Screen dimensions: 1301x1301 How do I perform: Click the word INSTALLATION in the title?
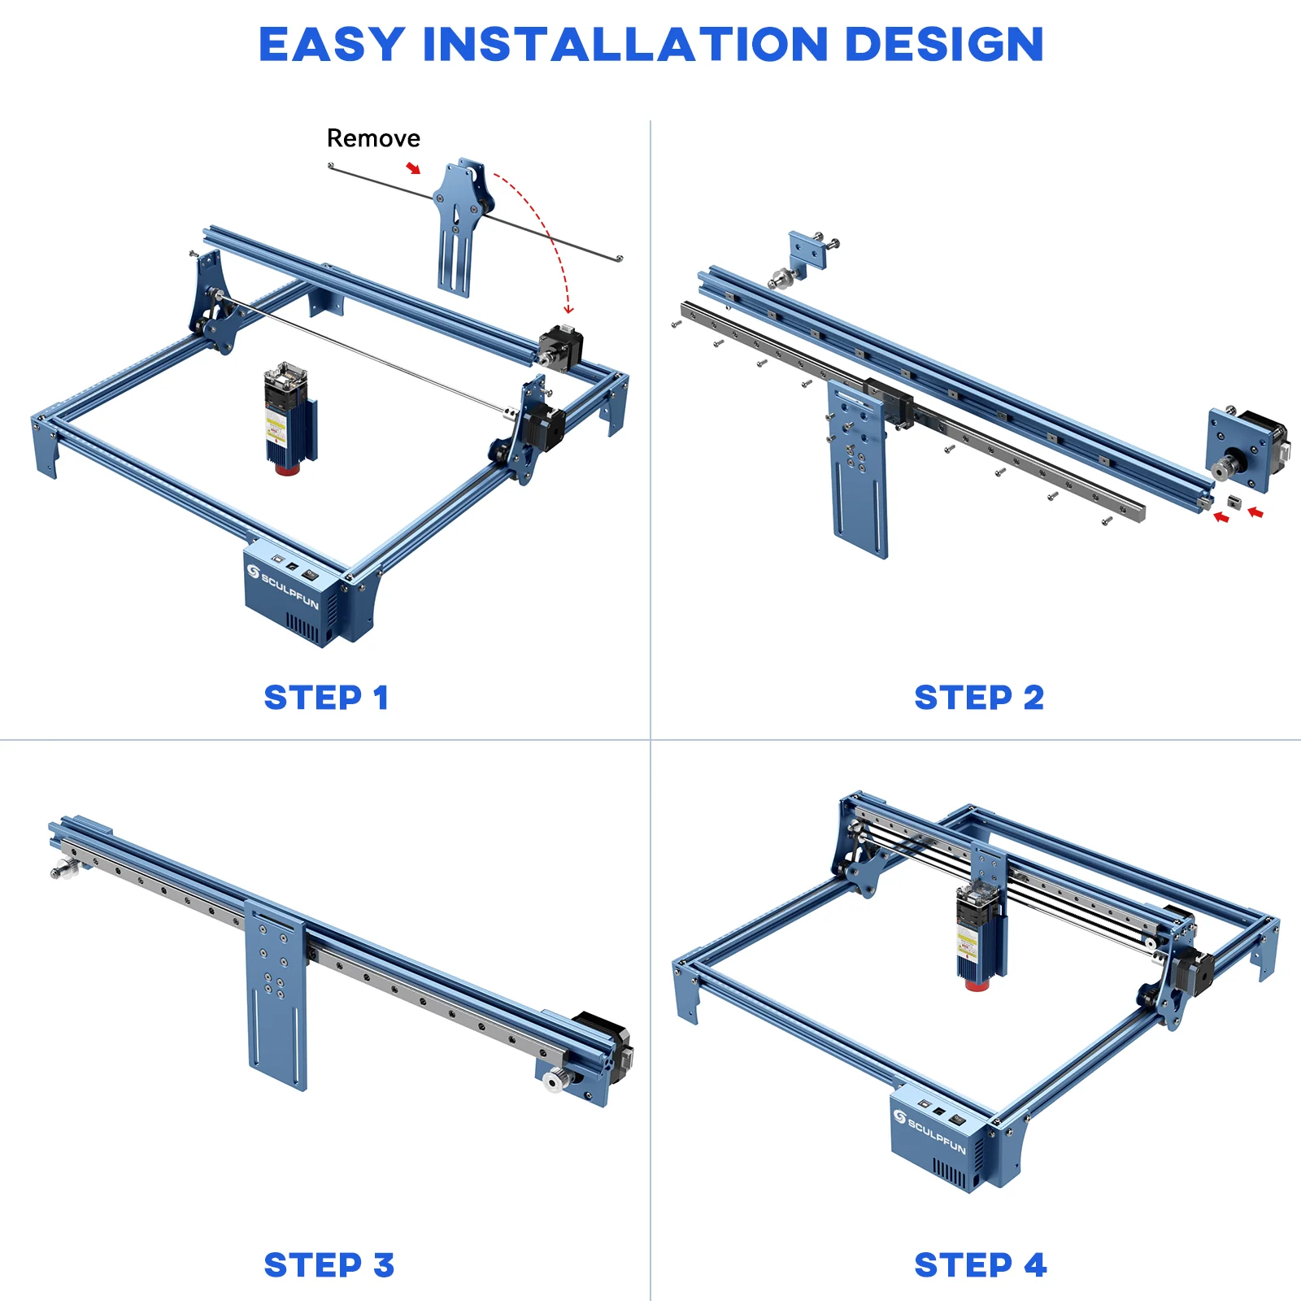coord(624,45)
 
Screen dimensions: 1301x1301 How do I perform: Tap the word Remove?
coord(373,138)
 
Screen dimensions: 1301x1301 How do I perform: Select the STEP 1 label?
coord(326,698)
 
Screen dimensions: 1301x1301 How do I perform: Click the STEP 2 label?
coord(978,698)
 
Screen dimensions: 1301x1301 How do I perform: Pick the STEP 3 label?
coord(329,1265)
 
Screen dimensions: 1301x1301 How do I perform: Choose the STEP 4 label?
coord(980,1265)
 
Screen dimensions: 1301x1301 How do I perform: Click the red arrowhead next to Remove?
coord(415,168)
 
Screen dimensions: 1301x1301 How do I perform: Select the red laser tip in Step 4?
coord(977,985)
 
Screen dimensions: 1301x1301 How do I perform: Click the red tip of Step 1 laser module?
coord(285,469)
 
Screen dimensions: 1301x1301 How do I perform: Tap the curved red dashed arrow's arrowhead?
coord(568,310)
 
